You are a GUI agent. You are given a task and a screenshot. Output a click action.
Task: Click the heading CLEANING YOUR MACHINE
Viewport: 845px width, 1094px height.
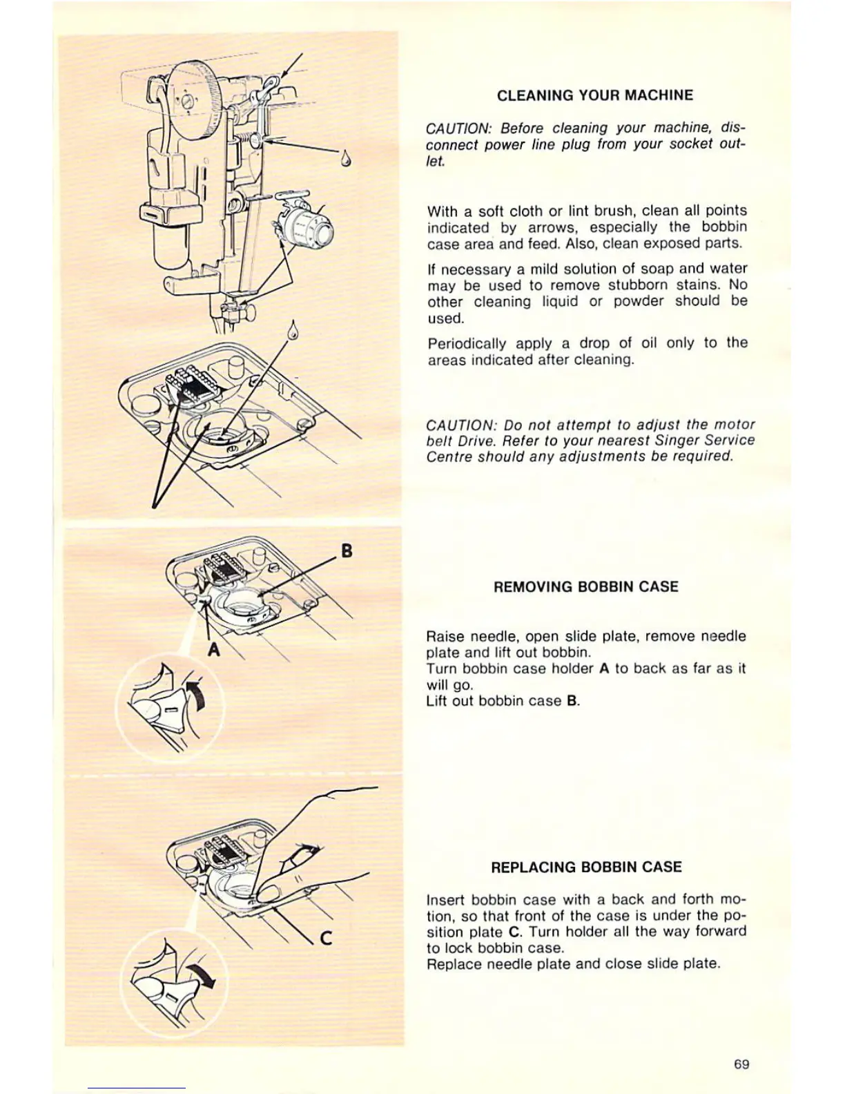point(594,95)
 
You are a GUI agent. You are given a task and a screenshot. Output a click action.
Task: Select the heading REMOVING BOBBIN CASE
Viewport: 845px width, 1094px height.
point(585,587)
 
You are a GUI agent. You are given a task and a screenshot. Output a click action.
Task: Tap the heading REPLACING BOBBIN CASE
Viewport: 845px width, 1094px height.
point(585,867)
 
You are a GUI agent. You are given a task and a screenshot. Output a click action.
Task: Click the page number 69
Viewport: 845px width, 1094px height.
point(741,1064)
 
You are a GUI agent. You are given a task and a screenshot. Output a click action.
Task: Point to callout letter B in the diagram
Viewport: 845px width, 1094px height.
point(347,550)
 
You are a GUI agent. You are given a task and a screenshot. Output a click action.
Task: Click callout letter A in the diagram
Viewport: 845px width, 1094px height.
point(215,649)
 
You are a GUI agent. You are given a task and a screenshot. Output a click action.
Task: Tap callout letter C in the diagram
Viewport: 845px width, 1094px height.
point(327,937)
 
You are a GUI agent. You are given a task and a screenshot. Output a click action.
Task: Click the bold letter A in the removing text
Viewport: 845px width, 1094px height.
point(603,669)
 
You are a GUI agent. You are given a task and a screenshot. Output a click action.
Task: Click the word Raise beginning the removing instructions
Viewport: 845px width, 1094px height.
point(445,636)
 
